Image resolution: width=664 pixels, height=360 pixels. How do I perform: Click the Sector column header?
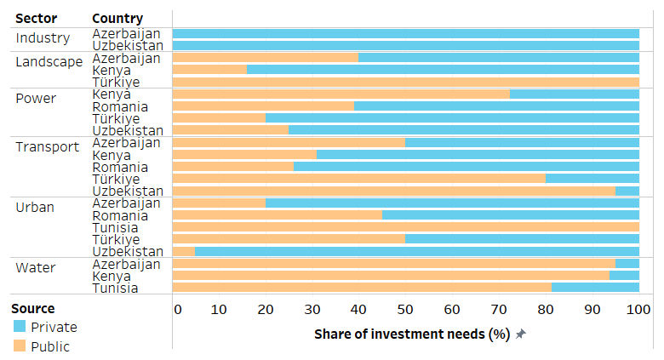[36, 19]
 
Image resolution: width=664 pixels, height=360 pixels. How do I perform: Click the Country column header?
[117, 19]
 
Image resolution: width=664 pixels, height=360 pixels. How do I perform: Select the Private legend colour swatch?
[20, 327]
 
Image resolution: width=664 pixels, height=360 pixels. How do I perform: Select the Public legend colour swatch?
[20, 346]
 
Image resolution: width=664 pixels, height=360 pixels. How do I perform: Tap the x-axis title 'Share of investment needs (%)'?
[411, 334]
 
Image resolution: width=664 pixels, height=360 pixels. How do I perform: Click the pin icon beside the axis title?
[521, 334]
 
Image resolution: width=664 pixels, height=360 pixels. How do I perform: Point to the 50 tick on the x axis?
[405, 309]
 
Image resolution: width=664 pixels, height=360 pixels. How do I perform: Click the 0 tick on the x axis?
[177, 309]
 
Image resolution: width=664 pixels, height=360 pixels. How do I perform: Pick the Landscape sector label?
[49, 62]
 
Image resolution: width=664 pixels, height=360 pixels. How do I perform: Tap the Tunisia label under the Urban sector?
[116, 228]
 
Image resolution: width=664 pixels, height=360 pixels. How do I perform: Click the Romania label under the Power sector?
[120, 106]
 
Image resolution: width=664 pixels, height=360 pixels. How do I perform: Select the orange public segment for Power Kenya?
[341, 94]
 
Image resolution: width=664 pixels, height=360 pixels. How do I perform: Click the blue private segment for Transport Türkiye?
[592, 179]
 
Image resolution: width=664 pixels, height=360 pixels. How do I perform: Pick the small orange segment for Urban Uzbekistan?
[184, 251]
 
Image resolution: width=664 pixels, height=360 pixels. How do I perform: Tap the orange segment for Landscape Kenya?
[209, 70]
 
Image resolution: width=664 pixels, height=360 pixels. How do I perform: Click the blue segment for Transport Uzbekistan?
[627, 191]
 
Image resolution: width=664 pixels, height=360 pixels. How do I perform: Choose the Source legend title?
[32, 308]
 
